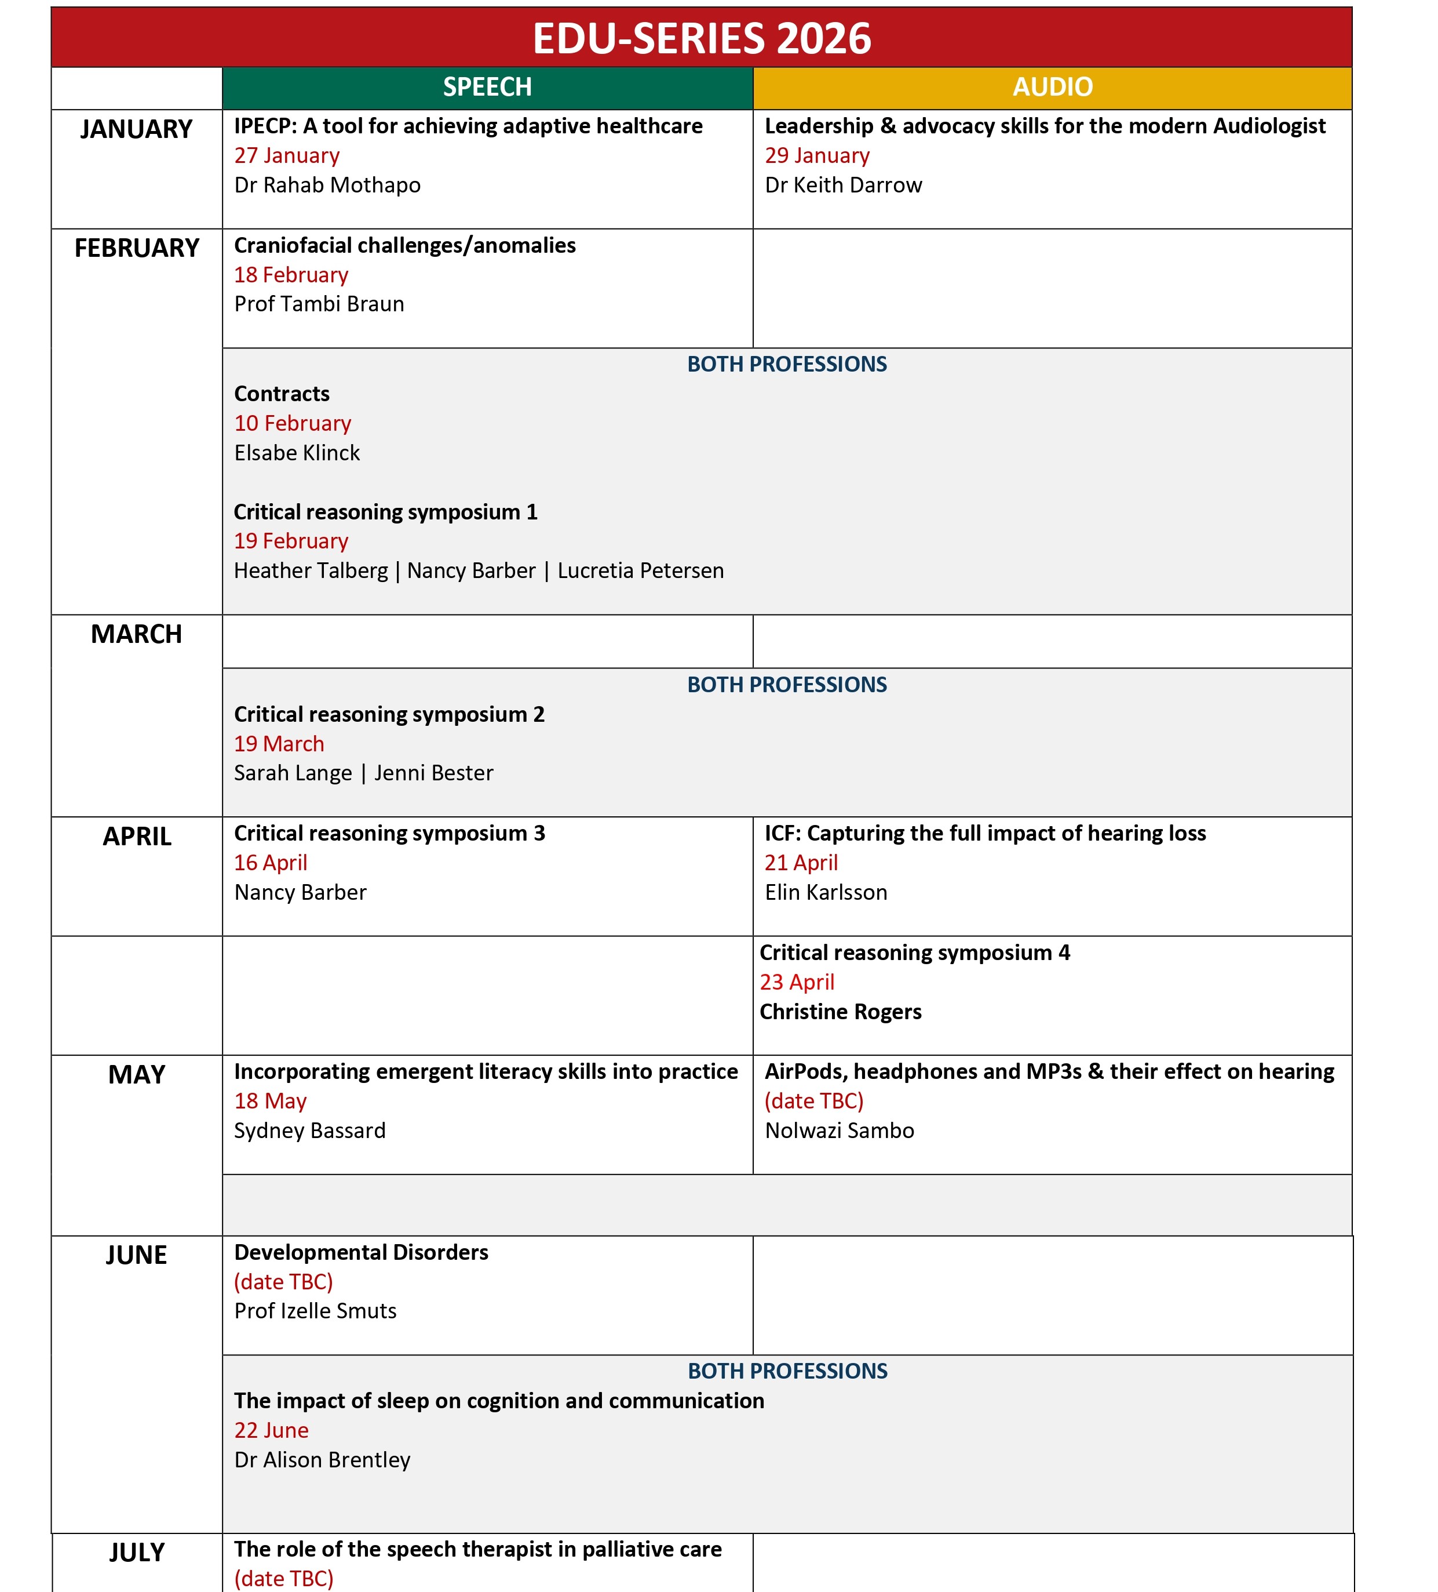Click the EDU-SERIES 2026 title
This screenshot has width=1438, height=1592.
pyautogui.click(x=701, y=38)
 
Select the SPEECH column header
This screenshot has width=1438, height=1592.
pyautogui.click(x=487, y=87)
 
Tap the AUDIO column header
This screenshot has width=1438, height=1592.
pyautogui.click(x=1052, y=87)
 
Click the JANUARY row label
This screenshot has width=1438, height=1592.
pyautogui.click(x=137, y=129)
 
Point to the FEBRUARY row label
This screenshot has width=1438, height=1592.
pyautogui.click(x=137, y=248)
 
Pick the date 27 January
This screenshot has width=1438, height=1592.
pyautogui.click(x=286, y=155)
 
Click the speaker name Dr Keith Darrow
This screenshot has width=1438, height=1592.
pyautogui.click(x=843, y=185)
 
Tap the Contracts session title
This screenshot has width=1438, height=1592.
pyautogui.click(x=282, y=393)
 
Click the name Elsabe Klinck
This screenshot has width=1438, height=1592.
pyautogui.click(x=297, y=452)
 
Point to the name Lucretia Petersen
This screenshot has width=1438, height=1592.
pyautogui.click(x=640, y=570)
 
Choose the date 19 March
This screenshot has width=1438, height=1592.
pyautogui.click(x=279, y=744)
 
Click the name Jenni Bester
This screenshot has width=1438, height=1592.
pyautogui.click(x=433, y=773)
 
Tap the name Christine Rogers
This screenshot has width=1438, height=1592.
pyautogui.click(x=841, y=1012)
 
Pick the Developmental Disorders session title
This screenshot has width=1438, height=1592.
pyautogui.click(x=361, y=1252)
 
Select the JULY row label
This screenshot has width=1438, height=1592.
pyautogui.click(x=137, y=1553)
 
